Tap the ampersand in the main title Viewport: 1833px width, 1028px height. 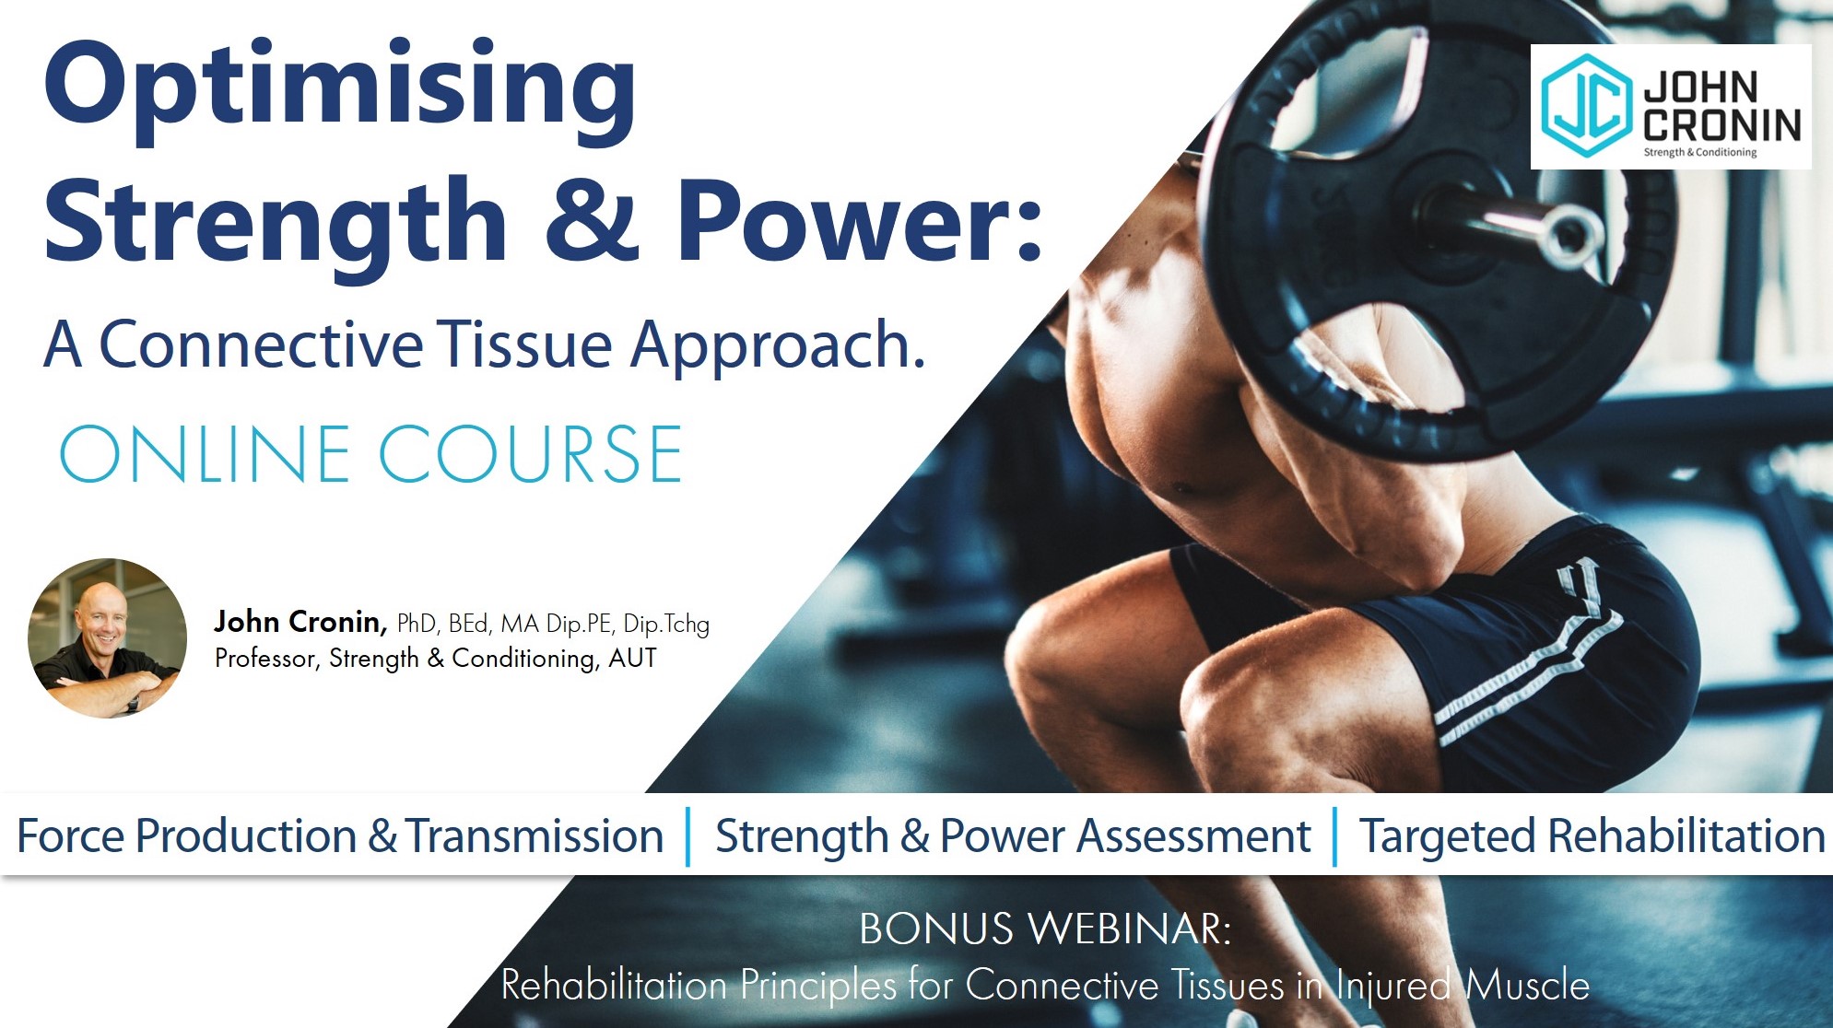coord(592,219)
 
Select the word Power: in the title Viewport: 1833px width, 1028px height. coord(859,219)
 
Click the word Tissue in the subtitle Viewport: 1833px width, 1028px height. coord(524,345)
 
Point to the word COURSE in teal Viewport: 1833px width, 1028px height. coord(531,454)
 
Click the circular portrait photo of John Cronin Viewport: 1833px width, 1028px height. coord(107,638)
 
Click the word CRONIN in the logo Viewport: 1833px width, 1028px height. coord(1721,125)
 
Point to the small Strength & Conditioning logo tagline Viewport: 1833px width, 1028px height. coord(1700,153)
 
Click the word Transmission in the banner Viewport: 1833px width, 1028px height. coord(535,836)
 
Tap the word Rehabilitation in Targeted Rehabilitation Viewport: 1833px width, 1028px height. coord(1686,836)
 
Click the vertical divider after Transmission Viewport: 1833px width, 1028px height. coord(688,836)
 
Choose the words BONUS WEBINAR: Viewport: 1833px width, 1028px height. coord(1045,929)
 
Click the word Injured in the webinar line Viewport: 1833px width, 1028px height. coord(1393,986)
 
